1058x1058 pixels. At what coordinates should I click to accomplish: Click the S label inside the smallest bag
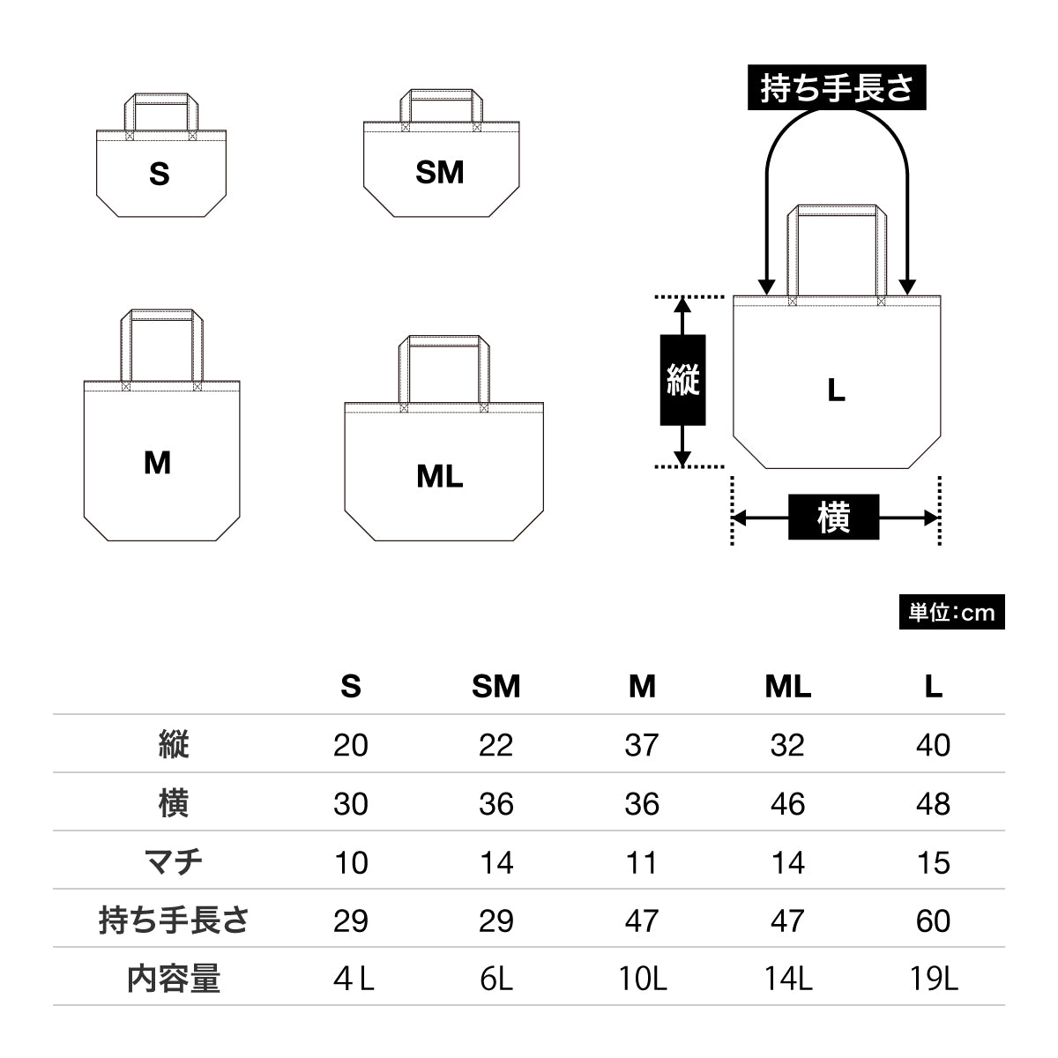[160, 174]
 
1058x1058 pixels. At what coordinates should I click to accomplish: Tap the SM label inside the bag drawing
[440, 172]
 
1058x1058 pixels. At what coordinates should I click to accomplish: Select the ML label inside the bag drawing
[440, 476]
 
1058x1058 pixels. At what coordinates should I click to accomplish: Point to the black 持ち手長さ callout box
[837, 88]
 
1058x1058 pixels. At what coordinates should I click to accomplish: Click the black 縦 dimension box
[682, 380]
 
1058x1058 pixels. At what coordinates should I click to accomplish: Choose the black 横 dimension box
[833, 518]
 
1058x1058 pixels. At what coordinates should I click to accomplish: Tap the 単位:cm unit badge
[951, 612]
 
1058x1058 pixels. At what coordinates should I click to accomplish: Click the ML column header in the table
[787, 686]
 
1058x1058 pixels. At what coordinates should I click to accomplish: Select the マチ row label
[174, 861]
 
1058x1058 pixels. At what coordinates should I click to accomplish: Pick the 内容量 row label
[174, 978]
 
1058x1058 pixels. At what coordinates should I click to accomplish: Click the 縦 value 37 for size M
[642, 745]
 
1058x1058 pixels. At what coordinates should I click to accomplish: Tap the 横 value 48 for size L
[933, 803]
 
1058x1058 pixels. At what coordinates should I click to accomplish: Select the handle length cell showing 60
[933, 920]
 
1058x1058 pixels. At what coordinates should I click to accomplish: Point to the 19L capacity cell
[933, 978]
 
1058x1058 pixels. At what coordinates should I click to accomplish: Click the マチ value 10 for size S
[351, 861]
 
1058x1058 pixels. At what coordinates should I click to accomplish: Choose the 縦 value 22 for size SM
[496, 745]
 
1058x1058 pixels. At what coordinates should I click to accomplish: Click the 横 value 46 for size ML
[787, 803]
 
